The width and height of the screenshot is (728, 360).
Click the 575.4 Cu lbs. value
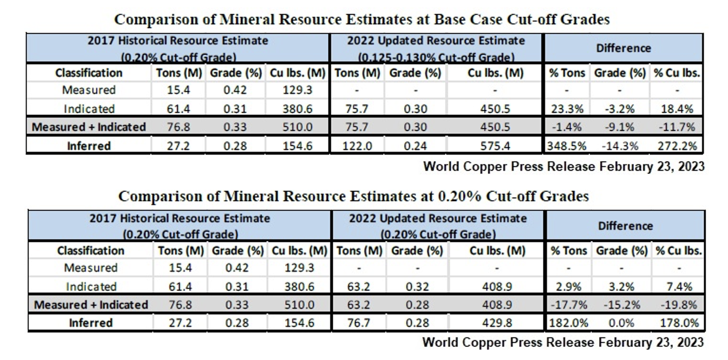(495, 146)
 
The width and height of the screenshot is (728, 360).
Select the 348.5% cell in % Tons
(566, 146)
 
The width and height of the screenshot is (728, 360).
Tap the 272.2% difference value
(677, 146)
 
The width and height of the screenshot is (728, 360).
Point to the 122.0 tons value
(357, 146)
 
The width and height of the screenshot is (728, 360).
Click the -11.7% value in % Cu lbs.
(677, 127)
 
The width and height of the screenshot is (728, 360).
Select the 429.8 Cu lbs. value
(497, 323)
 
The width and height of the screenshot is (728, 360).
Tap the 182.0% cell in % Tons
(568, 323)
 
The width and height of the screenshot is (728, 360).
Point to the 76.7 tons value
(359, 323)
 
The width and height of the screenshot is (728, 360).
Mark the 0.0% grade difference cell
(622, 323)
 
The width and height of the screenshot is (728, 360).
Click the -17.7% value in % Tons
(568, 304)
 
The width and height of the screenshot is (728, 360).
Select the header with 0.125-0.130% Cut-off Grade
(436, 57)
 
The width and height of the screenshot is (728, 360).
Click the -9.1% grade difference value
(621, 127)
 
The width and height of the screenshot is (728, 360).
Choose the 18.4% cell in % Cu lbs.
(677, 109)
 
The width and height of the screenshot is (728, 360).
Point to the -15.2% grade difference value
(622, 304)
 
